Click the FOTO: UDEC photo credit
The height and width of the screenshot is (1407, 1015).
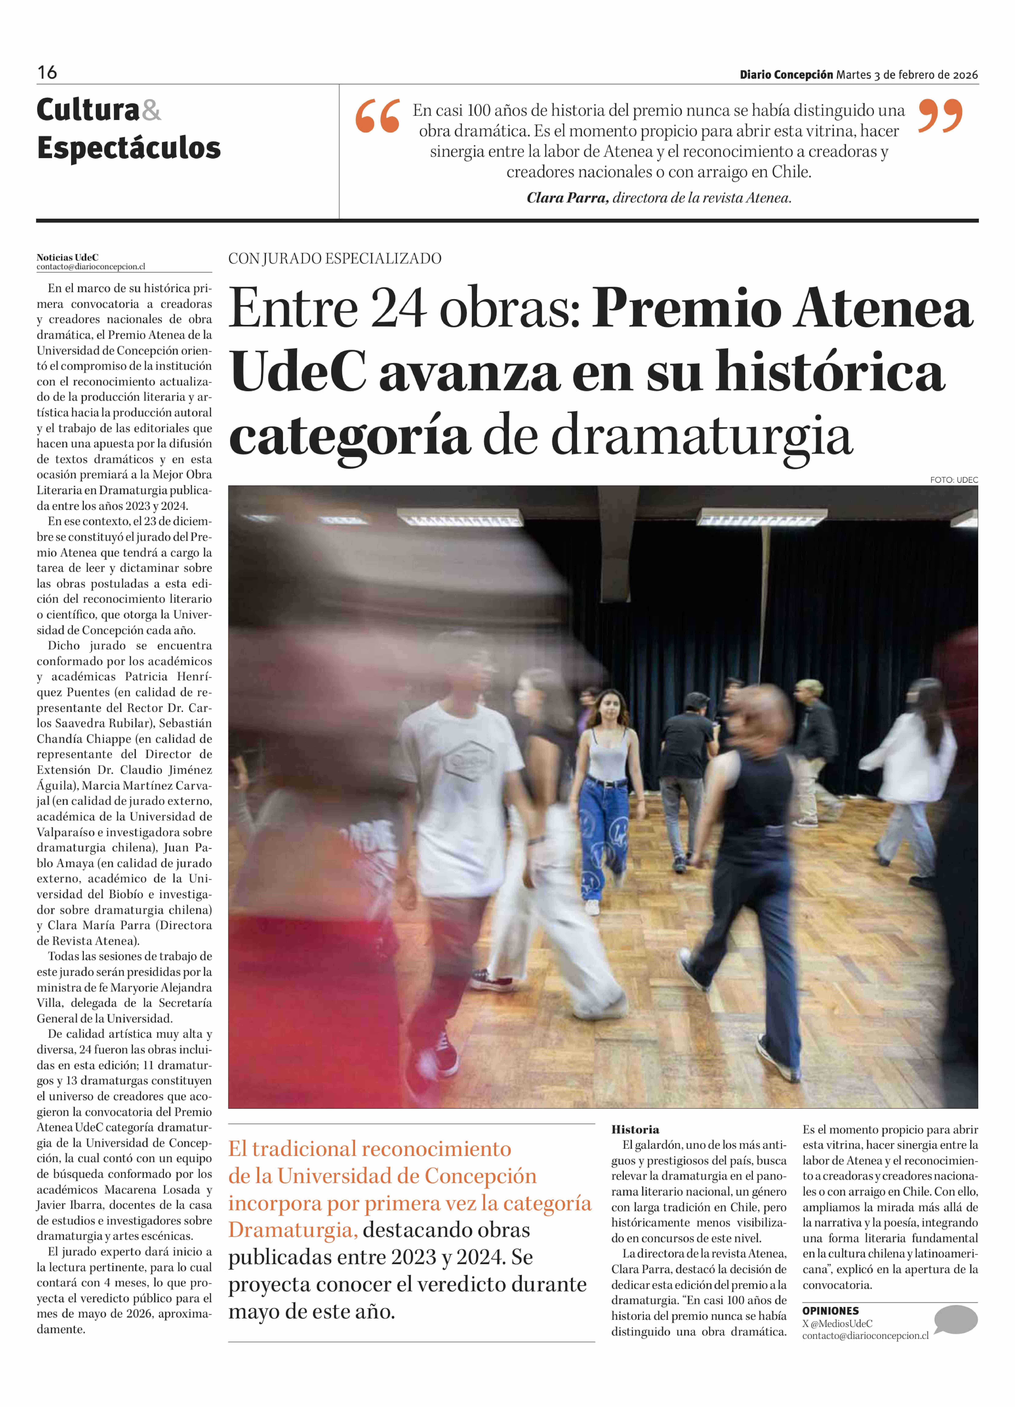954,480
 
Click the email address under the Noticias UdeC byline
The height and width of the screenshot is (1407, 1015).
91,267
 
